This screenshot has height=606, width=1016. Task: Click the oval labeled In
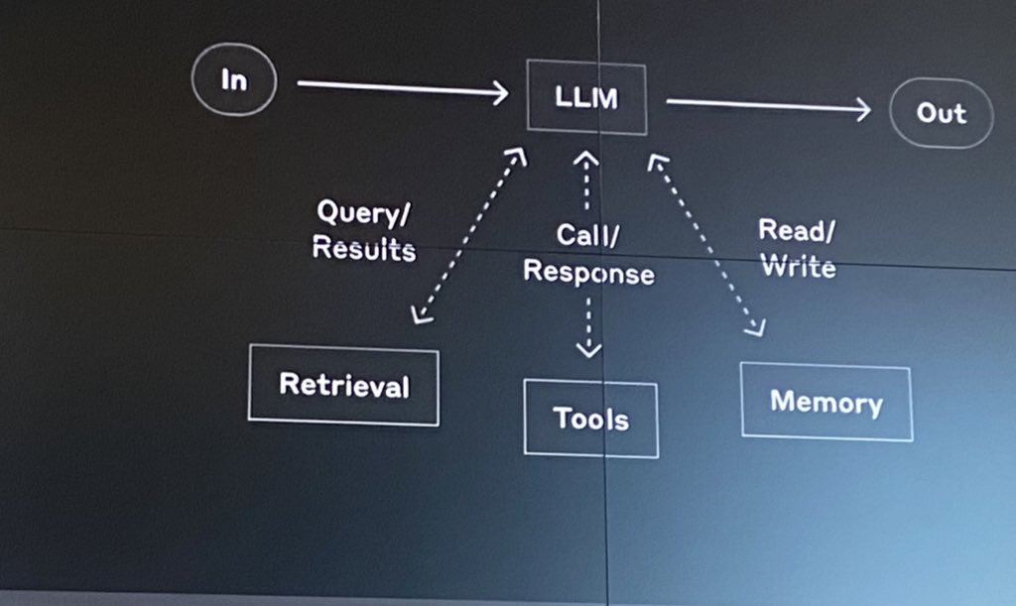234,80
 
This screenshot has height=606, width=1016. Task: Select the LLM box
586,98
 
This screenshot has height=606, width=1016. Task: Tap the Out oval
941,113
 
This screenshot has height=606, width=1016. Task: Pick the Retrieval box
343,385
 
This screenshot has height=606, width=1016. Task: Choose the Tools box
590,419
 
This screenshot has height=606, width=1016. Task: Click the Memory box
825,402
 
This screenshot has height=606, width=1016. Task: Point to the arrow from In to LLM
402,89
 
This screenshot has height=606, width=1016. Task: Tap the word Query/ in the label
362,212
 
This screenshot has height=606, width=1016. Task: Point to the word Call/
587,235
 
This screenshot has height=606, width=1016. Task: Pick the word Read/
797,231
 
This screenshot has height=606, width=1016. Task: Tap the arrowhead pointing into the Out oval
862,110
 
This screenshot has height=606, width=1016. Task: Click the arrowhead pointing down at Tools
589,348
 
